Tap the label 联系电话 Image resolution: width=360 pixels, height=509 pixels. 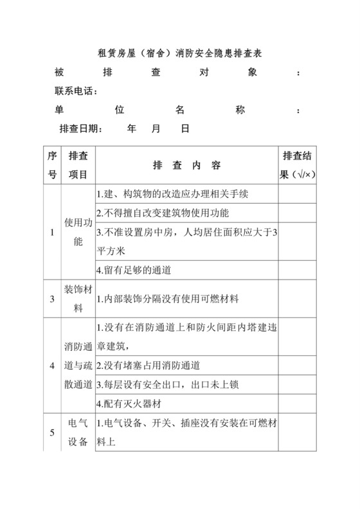[x=76, y=91]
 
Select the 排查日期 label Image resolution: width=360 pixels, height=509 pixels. [x=80, y=129]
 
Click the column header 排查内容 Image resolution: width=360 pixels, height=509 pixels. [x=187, y=165]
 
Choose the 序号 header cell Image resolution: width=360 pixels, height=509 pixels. [x=52, y=165]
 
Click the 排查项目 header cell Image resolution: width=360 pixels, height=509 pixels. [x=78, y=165]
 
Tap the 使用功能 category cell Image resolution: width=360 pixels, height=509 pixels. [x=78, y=232]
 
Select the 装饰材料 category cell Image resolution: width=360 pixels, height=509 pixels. [x=78, y=298]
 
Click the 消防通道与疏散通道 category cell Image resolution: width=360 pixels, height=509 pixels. [x=78, y=366]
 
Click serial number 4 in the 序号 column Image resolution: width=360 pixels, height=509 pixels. [x=52, y=366]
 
